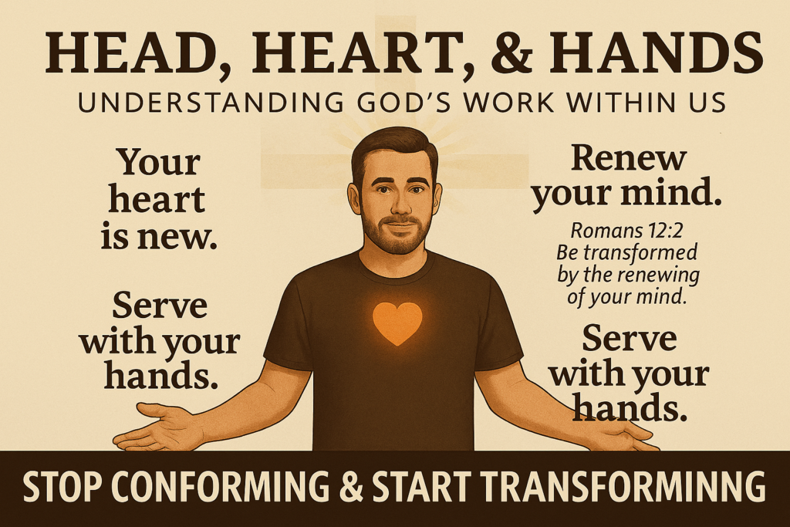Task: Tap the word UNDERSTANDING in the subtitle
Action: pyautogui.click(x=212, y=103)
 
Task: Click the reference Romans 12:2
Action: pyautogui.click(x=626, y=230)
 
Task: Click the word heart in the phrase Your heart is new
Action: pyautogui.click(x=157, y=200)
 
